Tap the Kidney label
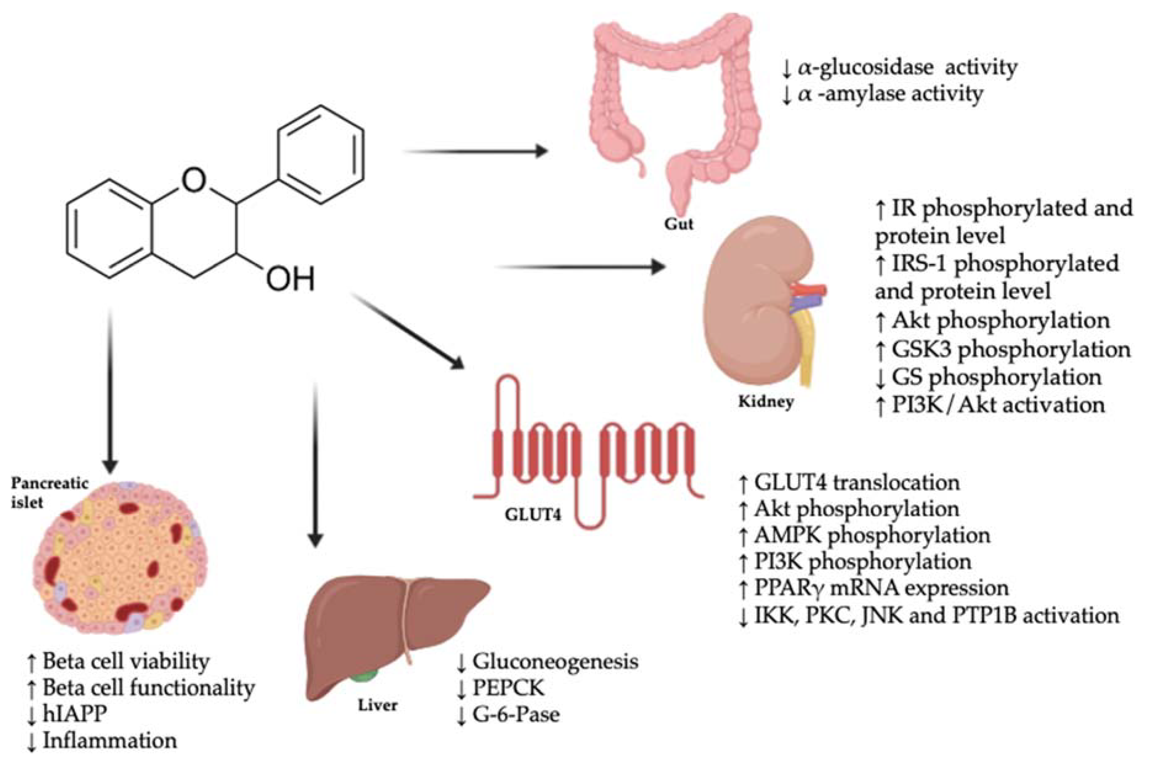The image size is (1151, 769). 766,402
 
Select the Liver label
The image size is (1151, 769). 377,705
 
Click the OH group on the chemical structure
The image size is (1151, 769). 290,279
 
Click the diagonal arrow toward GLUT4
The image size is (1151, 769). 407,331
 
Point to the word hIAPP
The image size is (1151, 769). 74,714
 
